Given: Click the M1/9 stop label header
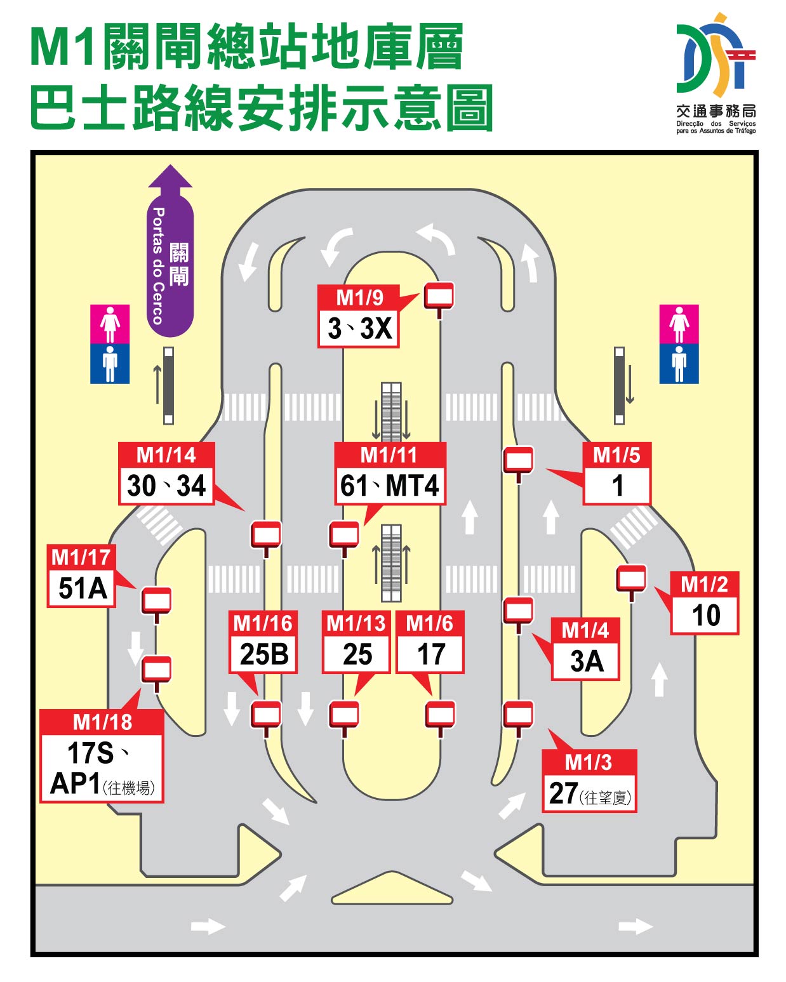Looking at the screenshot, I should tap(359, 297).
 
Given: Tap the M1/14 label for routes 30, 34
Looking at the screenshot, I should tap(166, 455).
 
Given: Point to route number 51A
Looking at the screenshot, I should tap(82, 588).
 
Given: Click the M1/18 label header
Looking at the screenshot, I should tap(102, 722).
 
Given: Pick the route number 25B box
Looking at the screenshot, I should tap(263, 654).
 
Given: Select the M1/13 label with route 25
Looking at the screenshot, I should tap(356, 623).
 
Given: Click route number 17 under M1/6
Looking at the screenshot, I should tap(430, 654).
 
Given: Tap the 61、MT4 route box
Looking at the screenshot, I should tap(390, 486).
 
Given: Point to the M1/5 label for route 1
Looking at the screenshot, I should tap(616, 455).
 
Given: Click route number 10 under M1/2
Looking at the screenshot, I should tap(705, 615).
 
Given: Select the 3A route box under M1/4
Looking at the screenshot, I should tap(585, 661).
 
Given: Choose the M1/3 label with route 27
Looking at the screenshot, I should tap(588, 762).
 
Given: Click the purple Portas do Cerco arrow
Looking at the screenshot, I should tap(170, 254).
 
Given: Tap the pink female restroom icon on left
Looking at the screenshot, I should tap(110, 324).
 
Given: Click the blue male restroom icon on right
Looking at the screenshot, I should tap(679, 364).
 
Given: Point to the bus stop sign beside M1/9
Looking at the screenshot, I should tap(439, 296).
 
